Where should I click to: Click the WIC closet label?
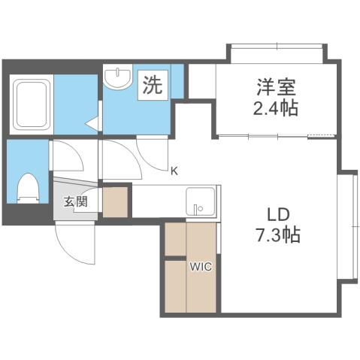[200, 266]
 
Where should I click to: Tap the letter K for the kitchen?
[174, 171]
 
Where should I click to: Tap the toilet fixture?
[28, 187]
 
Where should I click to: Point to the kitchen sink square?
[200, 201]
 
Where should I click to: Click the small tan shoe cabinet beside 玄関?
[115, 201]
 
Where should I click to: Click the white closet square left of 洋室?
[201, 81]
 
